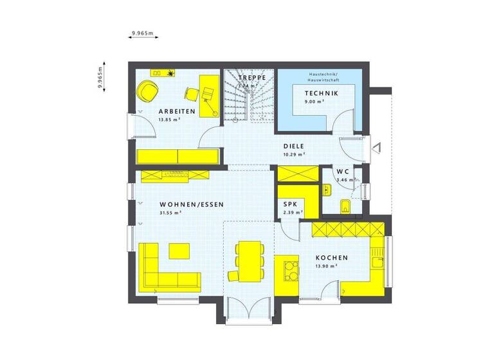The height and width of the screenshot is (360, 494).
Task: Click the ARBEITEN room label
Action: [x=169, y=111]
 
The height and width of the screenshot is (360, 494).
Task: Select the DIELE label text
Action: [x=294, y=146]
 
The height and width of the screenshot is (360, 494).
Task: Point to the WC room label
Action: [x=343, y=172]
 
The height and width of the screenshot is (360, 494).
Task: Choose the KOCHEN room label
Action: [x=331, y=257]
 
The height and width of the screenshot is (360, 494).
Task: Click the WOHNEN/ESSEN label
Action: [x=192, y=204]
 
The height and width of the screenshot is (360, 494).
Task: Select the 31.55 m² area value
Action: [x=170, y=213]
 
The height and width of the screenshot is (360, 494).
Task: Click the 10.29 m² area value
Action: [x=294, y=154]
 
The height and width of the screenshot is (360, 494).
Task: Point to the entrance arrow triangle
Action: [x=378, y=147]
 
